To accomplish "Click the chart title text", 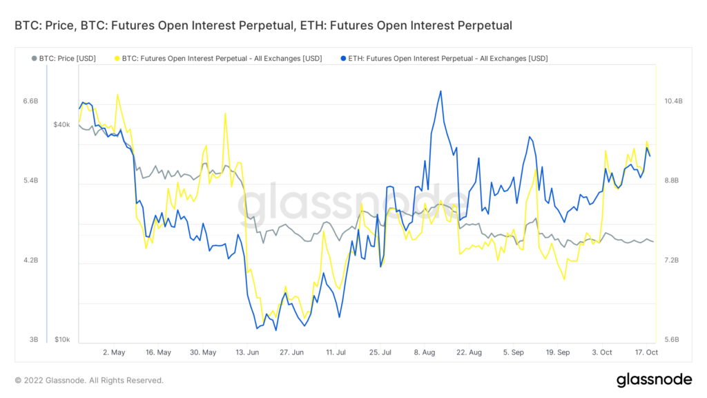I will [263, 26].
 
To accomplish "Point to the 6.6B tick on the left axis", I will [30, 101].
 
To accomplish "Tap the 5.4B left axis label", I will [30, 180].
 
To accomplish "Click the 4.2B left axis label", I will [30, 260].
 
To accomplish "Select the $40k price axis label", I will [61, 124].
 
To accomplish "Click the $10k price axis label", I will [61, 340].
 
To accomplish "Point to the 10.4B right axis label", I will [672, 101].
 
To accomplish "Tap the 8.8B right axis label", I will [672, 180].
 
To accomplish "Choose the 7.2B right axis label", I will [672, 260].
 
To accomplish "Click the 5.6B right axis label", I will [672, 340].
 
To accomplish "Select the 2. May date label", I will [113, 352].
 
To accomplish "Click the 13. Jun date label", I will [247, 352].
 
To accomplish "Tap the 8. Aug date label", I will [425, 352].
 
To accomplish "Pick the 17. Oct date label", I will [646, 352].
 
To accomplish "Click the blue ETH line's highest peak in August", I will [440, 91].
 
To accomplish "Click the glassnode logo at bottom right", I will [654, 379].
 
